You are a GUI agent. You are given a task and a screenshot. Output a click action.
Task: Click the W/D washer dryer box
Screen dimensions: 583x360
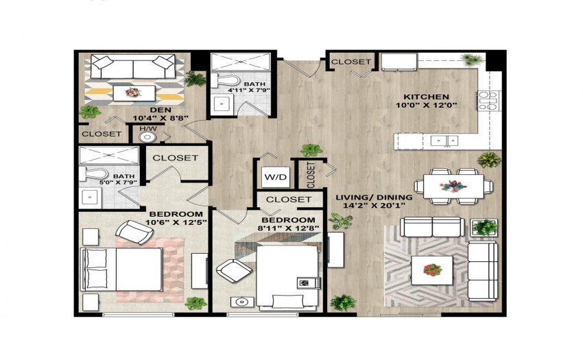tap(276, 177)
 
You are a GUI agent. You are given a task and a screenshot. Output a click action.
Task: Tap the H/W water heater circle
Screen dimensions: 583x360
tap(147, 137)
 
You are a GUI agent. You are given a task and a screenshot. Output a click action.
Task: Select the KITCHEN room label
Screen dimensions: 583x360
tap(426, 97)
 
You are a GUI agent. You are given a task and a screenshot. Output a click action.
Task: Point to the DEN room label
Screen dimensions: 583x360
tap(160, 110)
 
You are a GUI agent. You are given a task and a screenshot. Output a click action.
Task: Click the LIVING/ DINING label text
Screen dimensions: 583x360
tap(374, 197)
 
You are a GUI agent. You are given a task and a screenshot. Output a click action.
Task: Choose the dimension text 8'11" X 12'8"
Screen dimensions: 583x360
tap(289, 228)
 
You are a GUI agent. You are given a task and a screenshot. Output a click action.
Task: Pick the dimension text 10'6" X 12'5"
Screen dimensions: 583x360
tap(176, 222)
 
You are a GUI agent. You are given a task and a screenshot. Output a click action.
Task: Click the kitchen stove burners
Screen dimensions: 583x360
tap(488, 100)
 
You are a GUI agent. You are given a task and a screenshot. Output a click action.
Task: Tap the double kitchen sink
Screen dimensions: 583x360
tap(444, 141)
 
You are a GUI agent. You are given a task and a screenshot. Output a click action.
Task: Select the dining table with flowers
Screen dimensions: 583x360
tap(453, 187)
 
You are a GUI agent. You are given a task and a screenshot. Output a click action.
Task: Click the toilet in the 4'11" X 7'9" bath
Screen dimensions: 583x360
tap(226, 80)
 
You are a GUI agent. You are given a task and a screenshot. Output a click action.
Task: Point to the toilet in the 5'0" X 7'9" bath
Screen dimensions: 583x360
tap(94, 173)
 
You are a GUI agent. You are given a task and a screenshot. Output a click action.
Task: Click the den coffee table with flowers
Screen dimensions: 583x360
tap(134, 93)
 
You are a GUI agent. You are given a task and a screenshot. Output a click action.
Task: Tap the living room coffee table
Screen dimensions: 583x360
tap(431, 270)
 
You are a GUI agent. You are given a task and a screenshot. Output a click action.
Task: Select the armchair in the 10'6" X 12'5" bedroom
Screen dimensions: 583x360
tap(134, 232)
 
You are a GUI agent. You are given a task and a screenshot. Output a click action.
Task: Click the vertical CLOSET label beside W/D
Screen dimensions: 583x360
tap(311, 175)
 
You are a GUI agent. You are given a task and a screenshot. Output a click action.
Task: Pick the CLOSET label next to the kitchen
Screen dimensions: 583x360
tap(350, 62)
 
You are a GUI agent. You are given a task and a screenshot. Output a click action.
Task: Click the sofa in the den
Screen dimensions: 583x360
tap(133, 67)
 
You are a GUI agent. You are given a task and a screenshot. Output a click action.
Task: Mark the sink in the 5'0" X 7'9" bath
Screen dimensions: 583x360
tap(90, 197)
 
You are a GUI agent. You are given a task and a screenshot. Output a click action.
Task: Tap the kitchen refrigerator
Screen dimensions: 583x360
tap(399, 61)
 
